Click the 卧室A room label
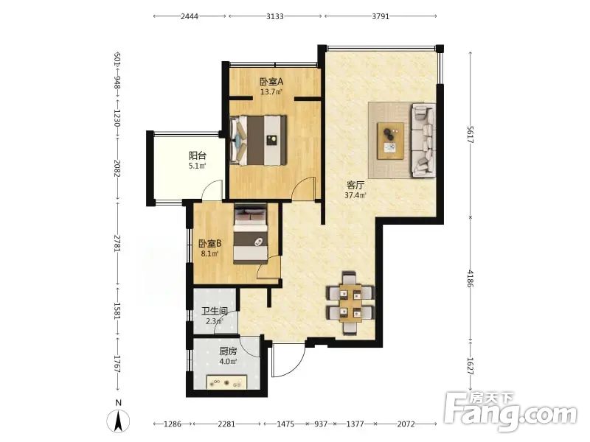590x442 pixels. pos(271,81)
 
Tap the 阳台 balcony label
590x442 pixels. pos(197,155)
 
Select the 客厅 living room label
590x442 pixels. pos(355,186)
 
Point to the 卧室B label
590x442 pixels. pos(210,244)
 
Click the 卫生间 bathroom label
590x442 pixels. pos(214,312)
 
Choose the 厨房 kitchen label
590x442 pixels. pos(228,351)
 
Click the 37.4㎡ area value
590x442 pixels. pos(355,195)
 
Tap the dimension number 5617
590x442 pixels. pos(471,134)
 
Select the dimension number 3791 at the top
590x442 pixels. pos(381,16)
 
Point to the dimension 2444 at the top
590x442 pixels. pos(190,16)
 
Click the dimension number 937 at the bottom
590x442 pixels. pos(321,424)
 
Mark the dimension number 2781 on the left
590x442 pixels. pos(117,243)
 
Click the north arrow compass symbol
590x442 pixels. pos(119,421)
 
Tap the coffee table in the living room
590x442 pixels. pos(391,141)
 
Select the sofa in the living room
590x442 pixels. pos(423,140)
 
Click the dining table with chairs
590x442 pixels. pos(351,303)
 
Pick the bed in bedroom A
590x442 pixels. pos(259,140)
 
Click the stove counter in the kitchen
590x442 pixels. pos(226,382)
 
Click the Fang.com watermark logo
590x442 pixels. pos(510,412)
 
